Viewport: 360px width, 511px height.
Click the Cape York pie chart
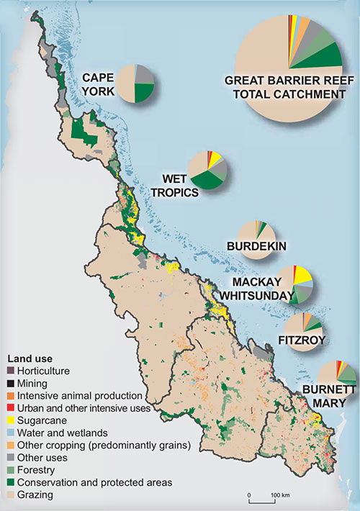coord(135,83)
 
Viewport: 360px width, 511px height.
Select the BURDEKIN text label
coord(257,247)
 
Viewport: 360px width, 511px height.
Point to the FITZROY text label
coord(302,339)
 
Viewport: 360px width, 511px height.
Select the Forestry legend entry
coord(40,470)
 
